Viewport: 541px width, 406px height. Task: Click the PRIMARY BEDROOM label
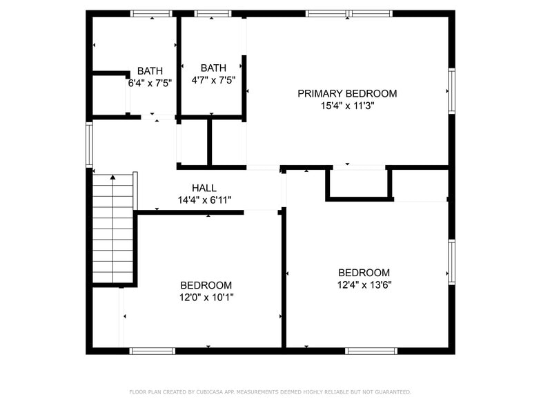347,93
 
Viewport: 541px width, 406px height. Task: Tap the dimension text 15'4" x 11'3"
347,106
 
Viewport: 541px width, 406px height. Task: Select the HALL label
204,188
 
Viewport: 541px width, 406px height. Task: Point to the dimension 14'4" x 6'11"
204,200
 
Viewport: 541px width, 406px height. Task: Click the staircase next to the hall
112,229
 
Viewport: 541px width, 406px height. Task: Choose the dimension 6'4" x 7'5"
150,82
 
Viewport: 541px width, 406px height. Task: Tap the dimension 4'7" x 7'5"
213,79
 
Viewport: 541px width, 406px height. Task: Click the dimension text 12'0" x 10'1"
206,298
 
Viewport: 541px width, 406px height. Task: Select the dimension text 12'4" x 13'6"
364,284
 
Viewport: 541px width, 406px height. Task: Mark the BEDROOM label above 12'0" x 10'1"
206,285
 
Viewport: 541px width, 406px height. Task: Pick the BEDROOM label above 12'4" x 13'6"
364,273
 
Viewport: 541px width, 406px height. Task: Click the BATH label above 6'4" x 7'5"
150,70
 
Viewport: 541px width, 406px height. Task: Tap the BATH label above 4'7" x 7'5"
213,68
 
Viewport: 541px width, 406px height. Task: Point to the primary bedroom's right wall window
451,90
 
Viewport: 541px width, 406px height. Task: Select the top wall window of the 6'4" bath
151,13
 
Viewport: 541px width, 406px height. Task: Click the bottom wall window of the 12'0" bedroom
153,351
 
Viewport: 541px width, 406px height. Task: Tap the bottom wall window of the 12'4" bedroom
372,351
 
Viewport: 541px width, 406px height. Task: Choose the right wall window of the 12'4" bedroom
451,262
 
